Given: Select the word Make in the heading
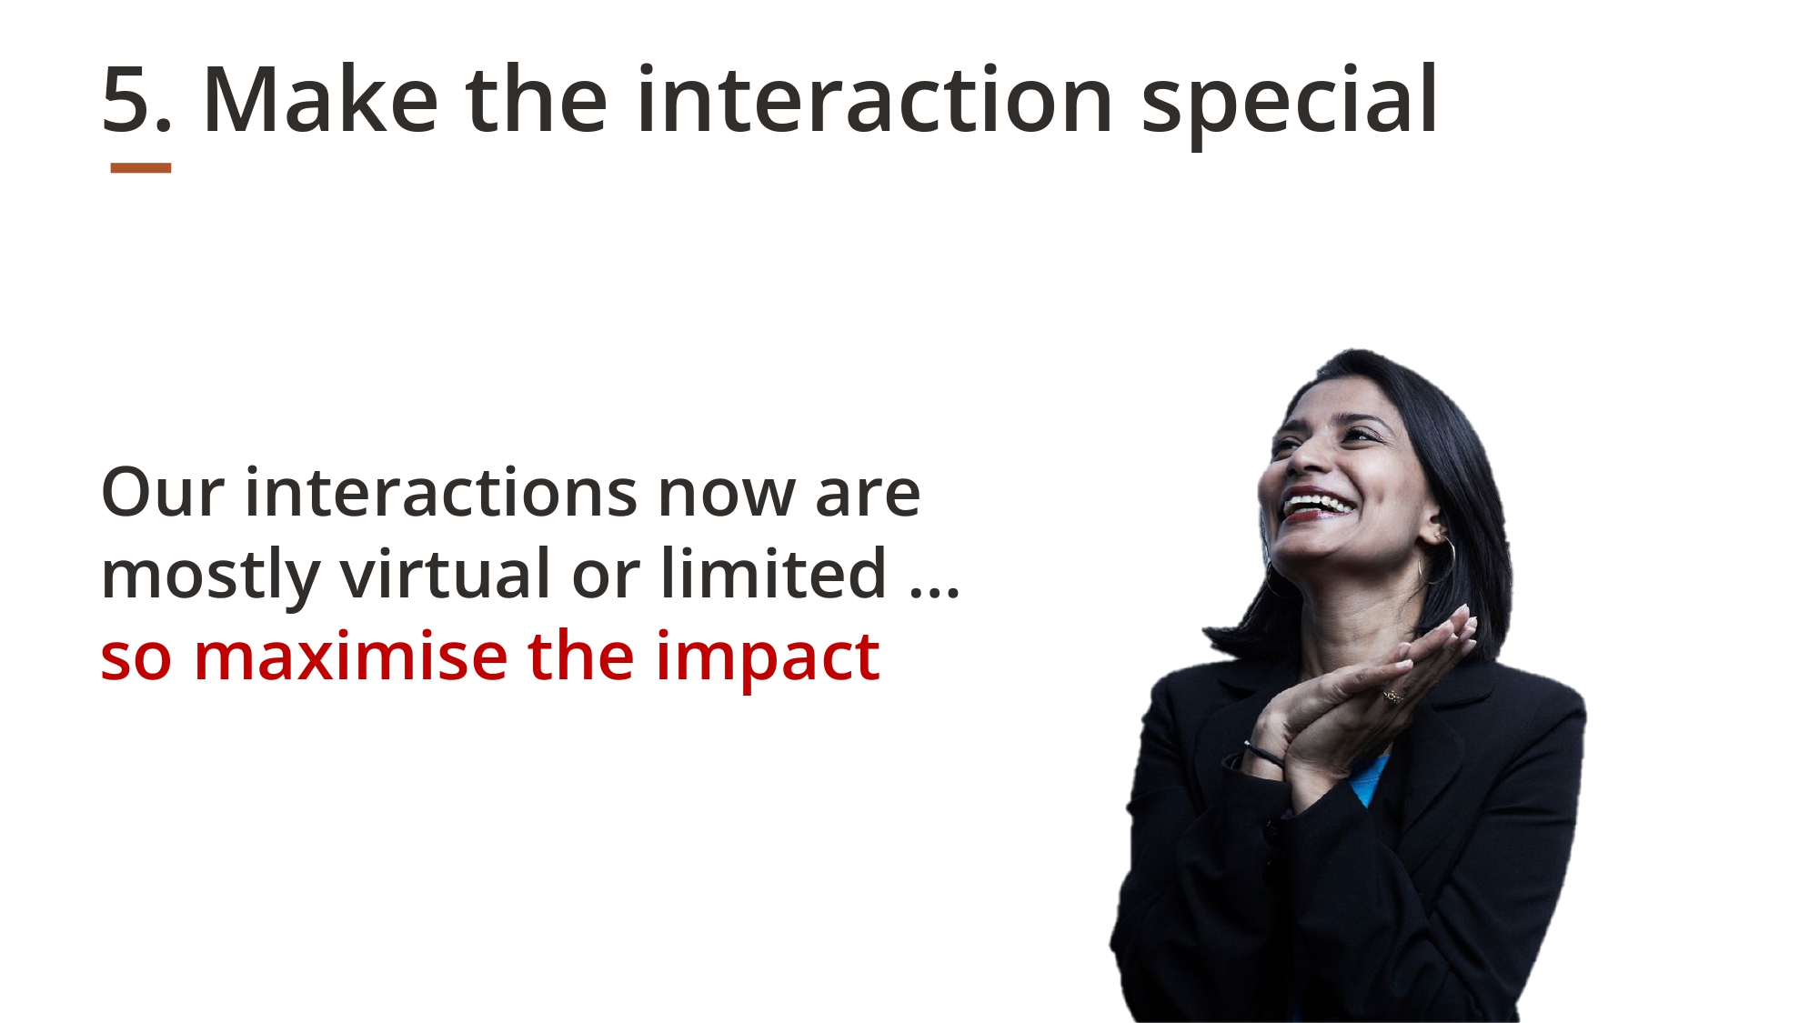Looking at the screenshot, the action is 320,99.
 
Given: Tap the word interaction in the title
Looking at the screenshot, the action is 875,99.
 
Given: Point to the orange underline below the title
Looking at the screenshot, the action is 141,168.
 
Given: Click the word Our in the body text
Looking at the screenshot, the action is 163,493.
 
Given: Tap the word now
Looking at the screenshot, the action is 726,498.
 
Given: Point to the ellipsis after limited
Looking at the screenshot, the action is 935,592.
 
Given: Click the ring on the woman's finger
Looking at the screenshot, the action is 1392,697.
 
